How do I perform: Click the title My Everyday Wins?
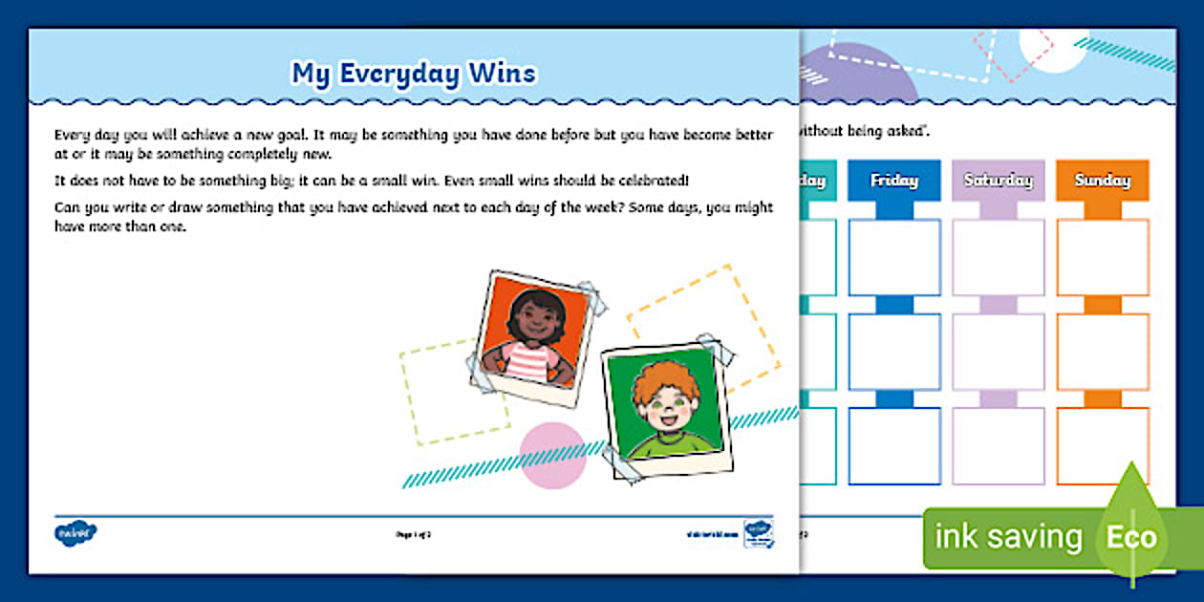(x=414, y=74)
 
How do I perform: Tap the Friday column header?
(x=893, y=180)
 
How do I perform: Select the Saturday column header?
(x=998, y=180)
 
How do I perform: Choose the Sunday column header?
(x=1102, y=180)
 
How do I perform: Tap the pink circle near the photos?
(x=552, y=455)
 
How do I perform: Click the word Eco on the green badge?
(x=1131, y=536)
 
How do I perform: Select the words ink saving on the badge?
(x=1007, y=537)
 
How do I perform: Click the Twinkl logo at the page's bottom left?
(x=75, y=532)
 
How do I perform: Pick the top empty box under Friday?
(x=893, y=257)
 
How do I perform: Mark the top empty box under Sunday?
(x=1102, y=257)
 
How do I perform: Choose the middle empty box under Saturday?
(x=998, y=351)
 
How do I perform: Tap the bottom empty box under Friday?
(x=893, y=445)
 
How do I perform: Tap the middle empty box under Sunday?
(x=1102, y=351)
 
